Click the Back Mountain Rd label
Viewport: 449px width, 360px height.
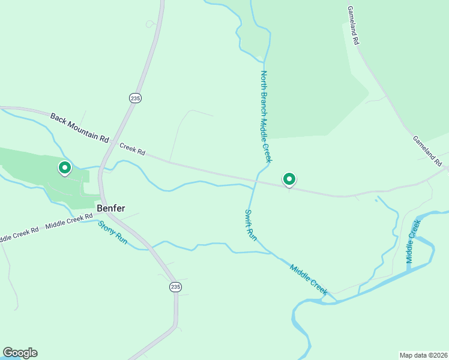tap(79, 127)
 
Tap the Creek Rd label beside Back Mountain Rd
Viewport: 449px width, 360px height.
tap(132, 149)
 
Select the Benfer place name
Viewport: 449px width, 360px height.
tap(111, 208)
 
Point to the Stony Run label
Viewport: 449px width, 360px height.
tap(113, 232)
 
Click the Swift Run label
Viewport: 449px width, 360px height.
tap(251, 225)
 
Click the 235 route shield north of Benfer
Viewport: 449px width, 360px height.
tap(135, 98)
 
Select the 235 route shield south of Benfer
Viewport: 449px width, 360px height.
tap(175, 287)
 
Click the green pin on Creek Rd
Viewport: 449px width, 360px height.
tap(289, 179)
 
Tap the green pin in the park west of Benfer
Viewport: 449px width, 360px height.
tap(64, 167)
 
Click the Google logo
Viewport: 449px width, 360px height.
tap(20, 353)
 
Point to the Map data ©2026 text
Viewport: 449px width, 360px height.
tap(423, 355)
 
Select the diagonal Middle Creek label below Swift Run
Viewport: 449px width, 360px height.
tap(309, 279)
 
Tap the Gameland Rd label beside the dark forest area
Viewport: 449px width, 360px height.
tap(352, 26)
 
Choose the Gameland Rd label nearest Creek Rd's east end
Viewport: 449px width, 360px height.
tap(427, 151)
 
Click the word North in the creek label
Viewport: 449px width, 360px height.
tap(263, 81)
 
